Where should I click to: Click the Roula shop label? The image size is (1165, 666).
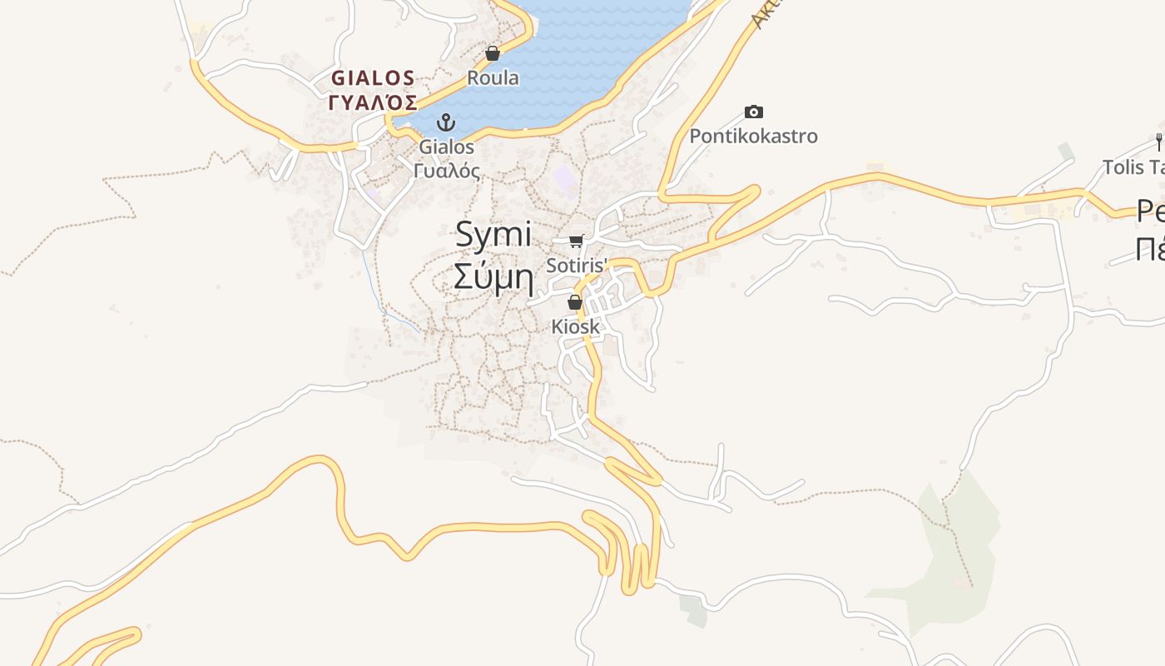(x=493, y=78)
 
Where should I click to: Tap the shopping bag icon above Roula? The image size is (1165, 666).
(x=493, y=54)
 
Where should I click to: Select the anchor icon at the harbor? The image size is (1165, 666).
(x=447, y=123)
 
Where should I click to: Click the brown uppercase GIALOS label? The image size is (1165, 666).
(x=373, y=78)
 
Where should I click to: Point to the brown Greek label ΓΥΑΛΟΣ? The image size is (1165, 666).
(x=373, y=102)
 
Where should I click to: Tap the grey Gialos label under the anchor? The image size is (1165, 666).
(x=447, y=147)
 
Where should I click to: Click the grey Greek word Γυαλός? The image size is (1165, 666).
(x=447, y=171)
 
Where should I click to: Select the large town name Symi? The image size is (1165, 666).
(x=493, y=235)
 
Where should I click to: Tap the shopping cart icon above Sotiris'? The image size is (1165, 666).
(x=576, y=241)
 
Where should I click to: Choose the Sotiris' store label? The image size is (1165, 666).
(x=578, y=266)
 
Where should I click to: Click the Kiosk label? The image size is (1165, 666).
(x=575, y=326)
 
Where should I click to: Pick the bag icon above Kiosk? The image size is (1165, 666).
(x=575, y=302)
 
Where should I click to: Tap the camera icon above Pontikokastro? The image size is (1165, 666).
(x=753, y=112)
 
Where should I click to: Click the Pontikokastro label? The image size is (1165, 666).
(x=753, y=136)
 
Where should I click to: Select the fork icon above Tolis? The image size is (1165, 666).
(x=1158, y=142)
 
